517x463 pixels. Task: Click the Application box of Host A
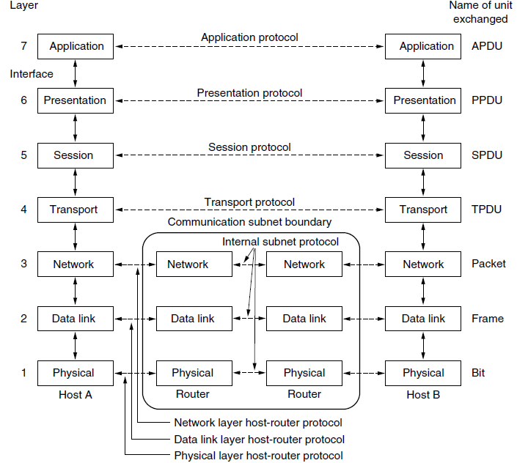pos(76,46)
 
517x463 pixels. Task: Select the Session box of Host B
pos(423,155)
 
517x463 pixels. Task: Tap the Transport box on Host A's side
pos(76,210)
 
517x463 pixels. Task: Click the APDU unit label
pos(487,46)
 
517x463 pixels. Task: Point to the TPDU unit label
pos(486,210)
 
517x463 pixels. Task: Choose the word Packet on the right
pos(488,264)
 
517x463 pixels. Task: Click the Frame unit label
pos(488,319)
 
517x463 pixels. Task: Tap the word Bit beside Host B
pos(478,373)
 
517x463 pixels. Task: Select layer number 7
pos(23,46)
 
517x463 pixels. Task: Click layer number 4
pos(23,210)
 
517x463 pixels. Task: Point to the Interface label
pos(32,74)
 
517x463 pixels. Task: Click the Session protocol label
pos(249,147)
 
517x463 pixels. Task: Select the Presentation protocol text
pos(249,93)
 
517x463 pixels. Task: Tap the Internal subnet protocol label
pos(280,242)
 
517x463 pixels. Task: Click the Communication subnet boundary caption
pos(249,222)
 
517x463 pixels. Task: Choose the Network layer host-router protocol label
pos(258,423)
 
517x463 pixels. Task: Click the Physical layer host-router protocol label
pos(258,456)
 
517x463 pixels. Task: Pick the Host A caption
pos(76,395)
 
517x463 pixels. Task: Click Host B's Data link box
pos(423,319)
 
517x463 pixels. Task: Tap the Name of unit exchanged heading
pos(480,12)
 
